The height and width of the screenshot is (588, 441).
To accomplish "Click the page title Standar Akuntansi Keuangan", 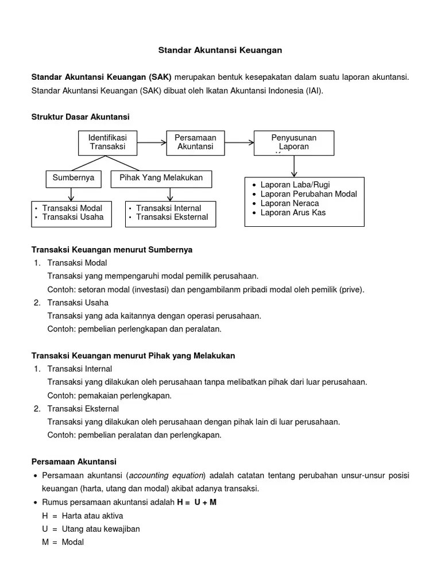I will pos(220,51).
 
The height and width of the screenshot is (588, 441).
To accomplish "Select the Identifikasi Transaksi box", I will pos(107,142).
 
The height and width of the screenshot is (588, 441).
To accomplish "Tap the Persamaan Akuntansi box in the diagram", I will pos(195,142).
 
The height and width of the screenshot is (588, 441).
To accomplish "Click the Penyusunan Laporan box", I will pos(293,142).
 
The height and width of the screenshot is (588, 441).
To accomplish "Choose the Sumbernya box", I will pos(73,178).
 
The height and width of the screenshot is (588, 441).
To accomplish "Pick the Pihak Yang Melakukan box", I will pos(161,178).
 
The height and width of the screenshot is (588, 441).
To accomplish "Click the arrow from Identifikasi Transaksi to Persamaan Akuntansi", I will pos(151,142).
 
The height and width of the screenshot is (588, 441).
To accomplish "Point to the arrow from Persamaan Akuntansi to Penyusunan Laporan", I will pos(239,142).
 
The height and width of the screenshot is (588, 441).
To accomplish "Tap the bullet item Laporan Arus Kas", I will pos(293,212).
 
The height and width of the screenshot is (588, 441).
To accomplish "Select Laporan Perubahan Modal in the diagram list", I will pos(308,194).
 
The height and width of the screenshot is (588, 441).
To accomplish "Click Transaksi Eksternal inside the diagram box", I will pos(172,217).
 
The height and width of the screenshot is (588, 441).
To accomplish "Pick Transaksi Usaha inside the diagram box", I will pos(73,217).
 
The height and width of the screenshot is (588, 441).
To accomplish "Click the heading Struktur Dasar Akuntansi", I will pos(80,117).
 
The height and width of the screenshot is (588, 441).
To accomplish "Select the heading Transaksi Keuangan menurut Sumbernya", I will pos(111,250).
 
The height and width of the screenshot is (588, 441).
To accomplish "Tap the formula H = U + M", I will pos(196,502).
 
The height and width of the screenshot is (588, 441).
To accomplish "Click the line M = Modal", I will pos(63,542).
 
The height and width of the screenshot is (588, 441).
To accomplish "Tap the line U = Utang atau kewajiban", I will pos(91,529).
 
